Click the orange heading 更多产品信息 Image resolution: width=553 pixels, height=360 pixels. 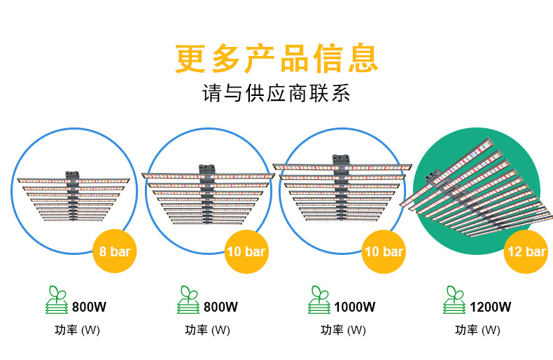276,58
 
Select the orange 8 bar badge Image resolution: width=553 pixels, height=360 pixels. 114,251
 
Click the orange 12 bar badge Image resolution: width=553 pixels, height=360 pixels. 525,251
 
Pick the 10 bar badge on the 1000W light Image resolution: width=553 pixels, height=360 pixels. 383,251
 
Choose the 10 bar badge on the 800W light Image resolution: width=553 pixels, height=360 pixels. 245,251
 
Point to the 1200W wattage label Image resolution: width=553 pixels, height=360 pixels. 489,307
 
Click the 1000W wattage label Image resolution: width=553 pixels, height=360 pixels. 355,307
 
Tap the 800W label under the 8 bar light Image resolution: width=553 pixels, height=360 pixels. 89,307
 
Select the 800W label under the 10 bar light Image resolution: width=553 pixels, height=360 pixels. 220,307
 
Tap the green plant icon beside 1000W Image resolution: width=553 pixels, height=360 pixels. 318,300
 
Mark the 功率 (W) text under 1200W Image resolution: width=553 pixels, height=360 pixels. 477,330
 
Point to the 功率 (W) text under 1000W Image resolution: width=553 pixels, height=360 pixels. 343,330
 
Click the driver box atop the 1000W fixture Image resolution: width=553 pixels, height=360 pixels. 342,159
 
